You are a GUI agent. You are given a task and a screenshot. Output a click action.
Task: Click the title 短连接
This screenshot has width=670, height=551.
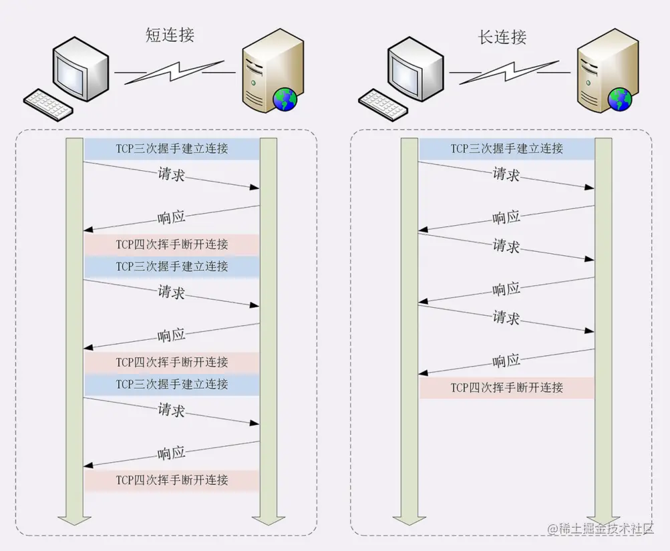click(x=170, y=35)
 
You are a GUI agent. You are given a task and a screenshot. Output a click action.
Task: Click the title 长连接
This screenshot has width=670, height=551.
click(x=502, y=37)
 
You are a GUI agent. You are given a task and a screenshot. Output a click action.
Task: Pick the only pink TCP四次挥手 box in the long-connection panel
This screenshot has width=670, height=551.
click(x=506, y=387)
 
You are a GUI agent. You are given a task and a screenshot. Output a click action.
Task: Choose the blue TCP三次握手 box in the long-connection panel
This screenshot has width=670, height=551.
click(x=506, y=148)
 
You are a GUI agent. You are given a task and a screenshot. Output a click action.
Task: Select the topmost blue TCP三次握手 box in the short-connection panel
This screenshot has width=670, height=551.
click(x=172, y=148)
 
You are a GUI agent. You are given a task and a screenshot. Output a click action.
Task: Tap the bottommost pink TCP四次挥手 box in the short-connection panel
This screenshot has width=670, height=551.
click(x=172, y=480)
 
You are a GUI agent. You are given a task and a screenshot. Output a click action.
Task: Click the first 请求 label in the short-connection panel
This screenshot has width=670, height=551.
click(x=171, y=174)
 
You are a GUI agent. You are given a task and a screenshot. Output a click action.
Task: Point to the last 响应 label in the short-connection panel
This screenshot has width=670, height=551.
click(x=171, y=453)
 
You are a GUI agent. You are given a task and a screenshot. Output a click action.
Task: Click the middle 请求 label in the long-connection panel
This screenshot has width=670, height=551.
click(x=506, y=245)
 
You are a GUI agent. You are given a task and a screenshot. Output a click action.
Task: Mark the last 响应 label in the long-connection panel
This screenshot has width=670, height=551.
click(x=506, y=361)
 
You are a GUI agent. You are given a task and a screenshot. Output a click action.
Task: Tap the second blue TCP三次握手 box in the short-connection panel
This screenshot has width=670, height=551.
click(x=172, y=266)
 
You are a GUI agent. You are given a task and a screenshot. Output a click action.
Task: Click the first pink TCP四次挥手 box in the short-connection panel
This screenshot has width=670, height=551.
click(x=172, y=244)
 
